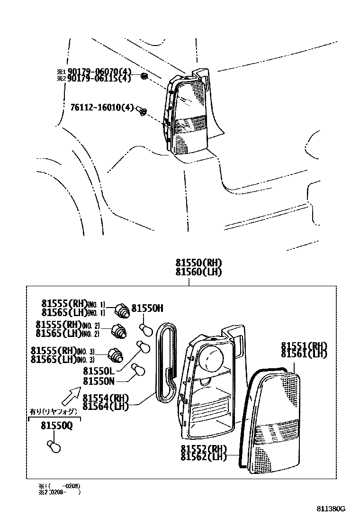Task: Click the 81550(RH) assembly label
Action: (x=198, y=264)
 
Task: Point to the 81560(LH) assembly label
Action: (x=198, y=272)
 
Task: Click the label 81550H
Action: (x=147, y=308)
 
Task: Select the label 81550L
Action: (x=99, y=371)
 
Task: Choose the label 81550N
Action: (x=99, y=381)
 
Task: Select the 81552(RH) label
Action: (x=204, y=449)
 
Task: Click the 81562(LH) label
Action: (x=204, y=456)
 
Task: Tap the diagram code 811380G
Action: (x=331, y=509)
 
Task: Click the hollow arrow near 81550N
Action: (x=72, y=392)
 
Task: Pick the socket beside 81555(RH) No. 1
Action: (x=123, y=311)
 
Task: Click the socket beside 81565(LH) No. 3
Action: (x=116, y=355)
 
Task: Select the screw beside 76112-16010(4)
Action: (x=141, y=111)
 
